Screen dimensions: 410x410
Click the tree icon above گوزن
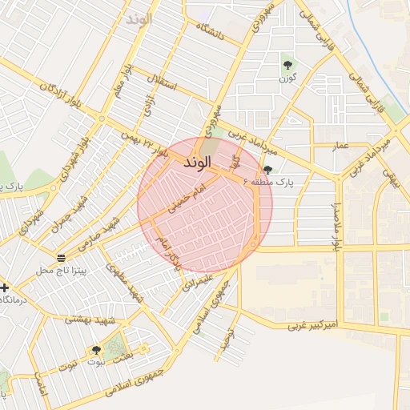[287, 65]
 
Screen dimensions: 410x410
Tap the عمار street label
[340, 145]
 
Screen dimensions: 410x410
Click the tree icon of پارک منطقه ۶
[267, 170]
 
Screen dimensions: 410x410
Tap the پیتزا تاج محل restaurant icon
[62, 257]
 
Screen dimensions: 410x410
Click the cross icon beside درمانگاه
[5, 287]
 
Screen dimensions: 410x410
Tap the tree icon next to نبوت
[96, 350]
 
